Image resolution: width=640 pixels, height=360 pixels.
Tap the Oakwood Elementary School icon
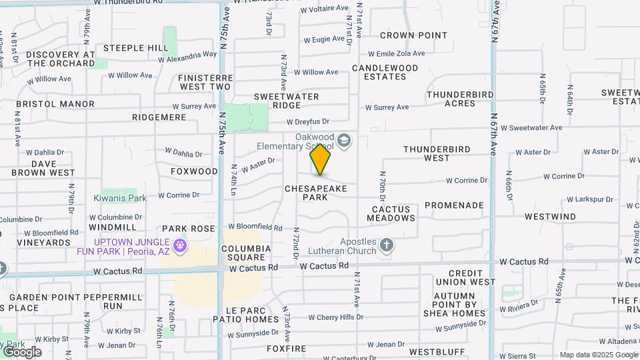[x=344, y=139]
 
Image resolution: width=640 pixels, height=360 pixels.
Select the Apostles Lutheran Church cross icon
[x=386, y=246]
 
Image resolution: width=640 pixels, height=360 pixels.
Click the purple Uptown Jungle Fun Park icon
[x=179, y=247]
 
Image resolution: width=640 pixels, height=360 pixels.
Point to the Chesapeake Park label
[x=316, y=193]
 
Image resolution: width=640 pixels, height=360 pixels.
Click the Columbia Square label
[x=247, y=253]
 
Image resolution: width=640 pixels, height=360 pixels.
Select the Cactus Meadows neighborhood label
[x=393, y=213]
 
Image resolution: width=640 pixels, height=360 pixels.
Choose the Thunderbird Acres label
[x=461, y=99]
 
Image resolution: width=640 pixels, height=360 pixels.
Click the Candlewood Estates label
[x=385, y=72]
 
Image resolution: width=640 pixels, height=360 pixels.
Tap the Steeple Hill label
[x=136, y=48]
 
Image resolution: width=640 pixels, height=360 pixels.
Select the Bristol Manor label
[x=55, y=104]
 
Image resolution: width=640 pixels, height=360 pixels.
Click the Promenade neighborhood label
[x=454, y=205]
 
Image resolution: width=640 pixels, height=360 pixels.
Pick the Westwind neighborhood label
[x=550, y=217]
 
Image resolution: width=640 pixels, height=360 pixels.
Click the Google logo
[x=21, y=351]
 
